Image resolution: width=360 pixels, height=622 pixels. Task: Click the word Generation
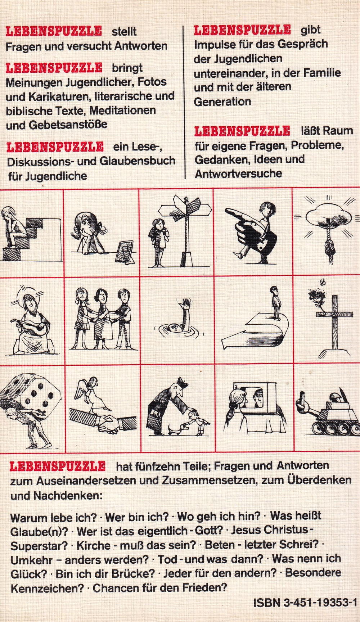(222, 102)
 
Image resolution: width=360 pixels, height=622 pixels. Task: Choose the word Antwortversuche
(238, 174)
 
